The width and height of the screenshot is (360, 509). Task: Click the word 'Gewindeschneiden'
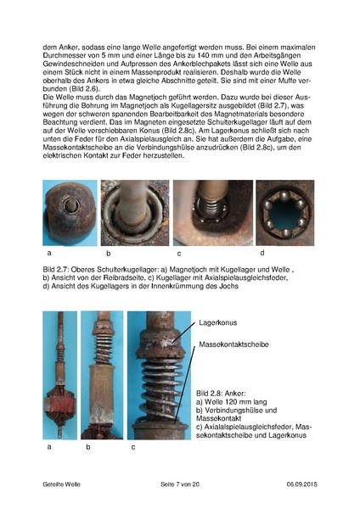77,67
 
